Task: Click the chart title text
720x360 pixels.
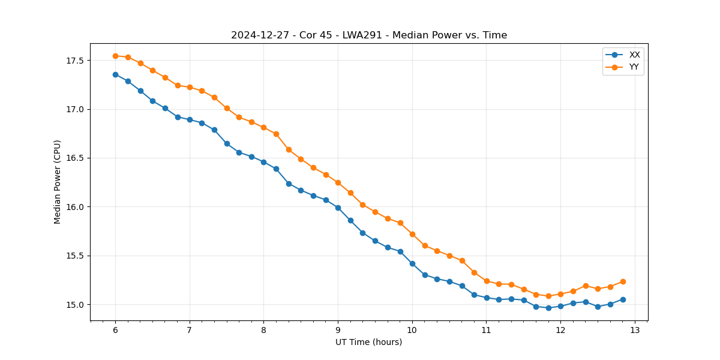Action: (369, 35)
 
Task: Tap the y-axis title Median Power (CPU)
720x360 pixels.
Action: (58, 182)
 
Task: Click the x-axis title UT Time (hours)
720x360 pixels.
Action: (368, 342)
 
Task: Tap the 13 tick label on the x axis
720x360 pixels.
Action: (635, 331)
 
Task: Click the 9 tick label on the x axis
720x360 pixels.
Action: (338, 331)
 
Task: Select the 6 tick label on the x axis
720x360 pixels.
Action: (115, 331)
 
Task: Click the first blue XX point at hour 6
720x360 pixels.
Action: (115, 74)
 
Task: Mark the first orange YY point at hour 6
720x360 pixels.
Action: (115, 56)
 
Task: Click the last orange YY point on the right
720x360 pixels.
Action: (623, 281)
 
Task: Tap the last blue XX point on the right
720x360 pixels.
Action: (623, 299)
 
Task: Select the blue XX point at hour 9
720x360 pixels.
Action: (338, 208)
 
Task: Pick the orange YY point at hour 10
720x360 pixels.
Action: (412, 234)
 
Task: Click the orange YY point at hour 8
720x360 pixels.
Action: (263, 127)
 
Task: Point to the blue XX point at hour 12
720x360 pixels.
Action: (560, 306)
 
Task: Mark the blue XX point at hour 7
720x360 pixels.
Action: (190, 119)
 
